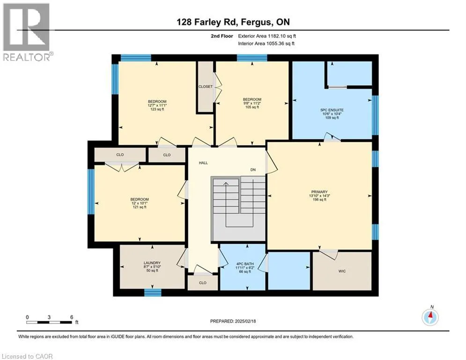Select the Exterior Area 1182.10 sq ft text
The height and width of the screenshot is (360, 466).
tap(267, 36)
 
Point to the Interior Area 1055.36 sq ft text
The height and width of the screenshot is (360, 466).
tap(266, 44)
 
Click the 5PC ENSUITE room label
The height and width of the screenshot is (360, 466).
tap(332, 110)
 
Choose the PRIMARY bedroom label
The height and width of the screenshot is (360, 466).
tap(319, 192)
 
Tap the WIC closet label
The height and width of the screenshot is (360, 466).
tap(342, 271)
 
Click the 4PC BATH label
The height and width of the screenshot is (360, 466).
tap(245, 263)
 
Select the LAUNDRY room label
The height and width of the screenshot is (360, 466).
tap(152, 263)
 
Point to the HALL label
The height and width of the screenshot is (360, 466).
tap(203, 163)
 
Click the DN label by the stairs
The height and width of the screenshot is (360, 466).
tap(253, 170)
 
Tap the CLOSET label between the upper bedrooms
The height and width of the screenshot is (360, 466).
tap(206, 87)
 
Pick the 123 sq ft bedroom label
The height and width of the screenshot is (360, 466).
tap(157, 105)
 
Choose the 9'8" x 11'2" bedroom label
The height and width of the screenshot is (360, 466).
tap(252, 103)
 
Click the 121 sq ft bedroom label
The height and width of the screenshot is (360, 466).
tap(140, 203)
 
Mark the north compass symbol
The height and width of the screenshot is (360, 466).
tap(430, 316)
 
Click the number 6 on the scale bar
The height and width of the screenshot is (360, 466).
tap(72, 317)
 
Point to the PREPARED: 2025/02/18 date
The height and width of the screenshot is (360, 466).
tap(233, 321)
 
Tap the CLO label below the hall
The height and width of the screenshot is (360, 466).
tap(203, 283)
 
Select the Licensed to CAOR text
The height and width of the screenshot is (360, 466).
tap(27, 356)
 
